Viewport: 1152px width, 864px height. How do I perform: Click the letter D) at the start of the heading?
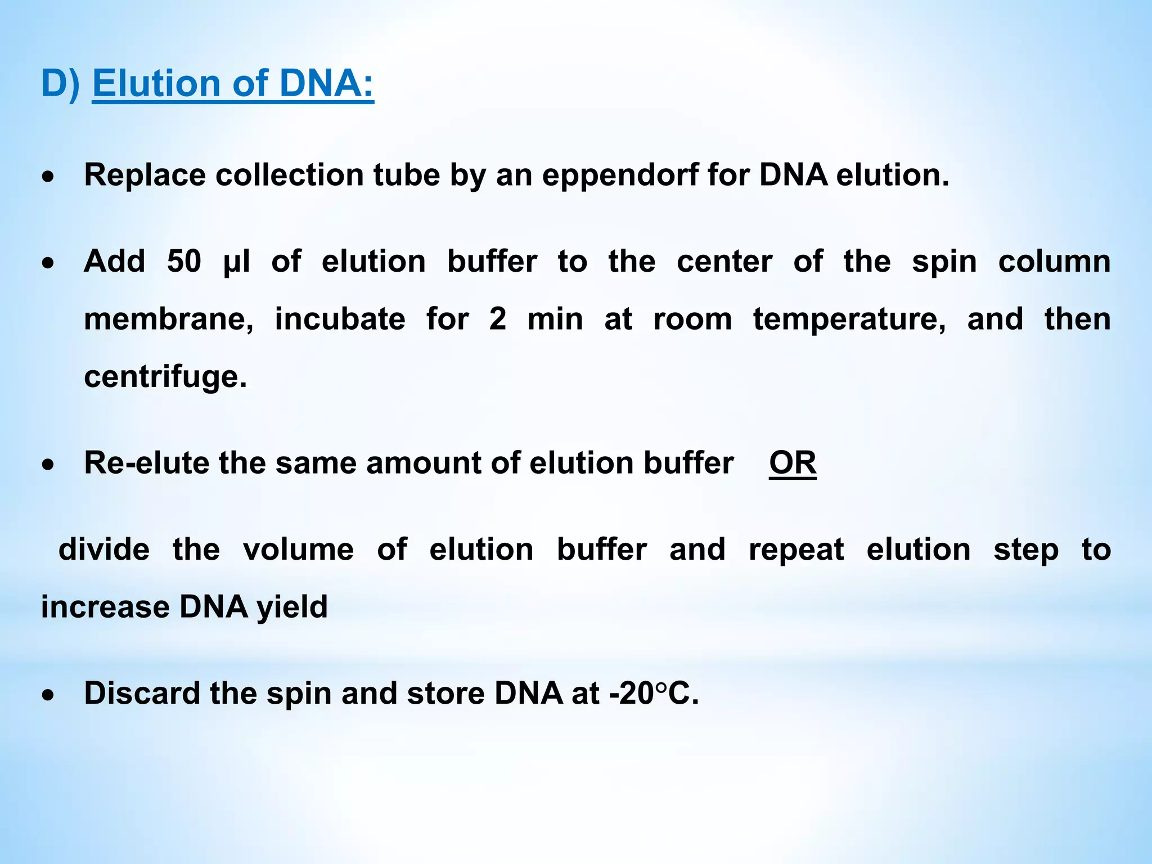click(60, 83)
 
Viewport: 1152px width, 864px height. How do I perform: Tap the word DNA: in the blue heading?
click(326, 83)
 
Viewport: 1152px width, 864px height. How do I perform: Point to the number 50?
click(184, 262)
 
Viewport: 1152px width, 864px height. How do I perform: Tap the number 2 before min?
click(497, 319)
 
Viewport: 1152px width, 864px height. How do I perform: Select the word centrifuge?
click(165, 377)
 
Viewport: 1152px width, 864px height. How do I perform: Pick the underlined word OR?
click(793, 463)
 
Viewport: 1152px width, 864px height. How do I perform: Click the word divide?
click(104, 549)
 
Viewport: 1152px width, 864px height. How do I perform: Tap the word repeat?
click(796, 550)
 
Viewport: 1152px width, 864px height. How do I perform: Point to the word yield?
click(292, 607)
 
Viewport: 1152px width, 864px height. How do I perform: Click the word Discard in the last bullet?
click(142, 693)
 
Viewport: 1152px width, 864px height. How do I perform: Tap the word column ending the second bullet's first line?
click(1054, 262)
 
